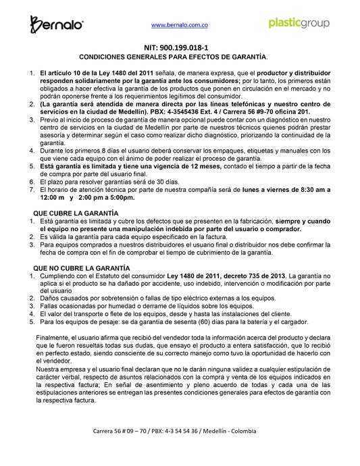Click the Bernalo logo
coord(57,24)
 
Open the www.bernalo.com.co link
coord(178,24)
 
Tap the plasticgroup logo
coord(299,23)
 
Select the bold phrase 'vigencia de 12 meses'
coord(182,165)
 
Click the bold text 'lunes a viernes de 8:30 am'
coord(269,190)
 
